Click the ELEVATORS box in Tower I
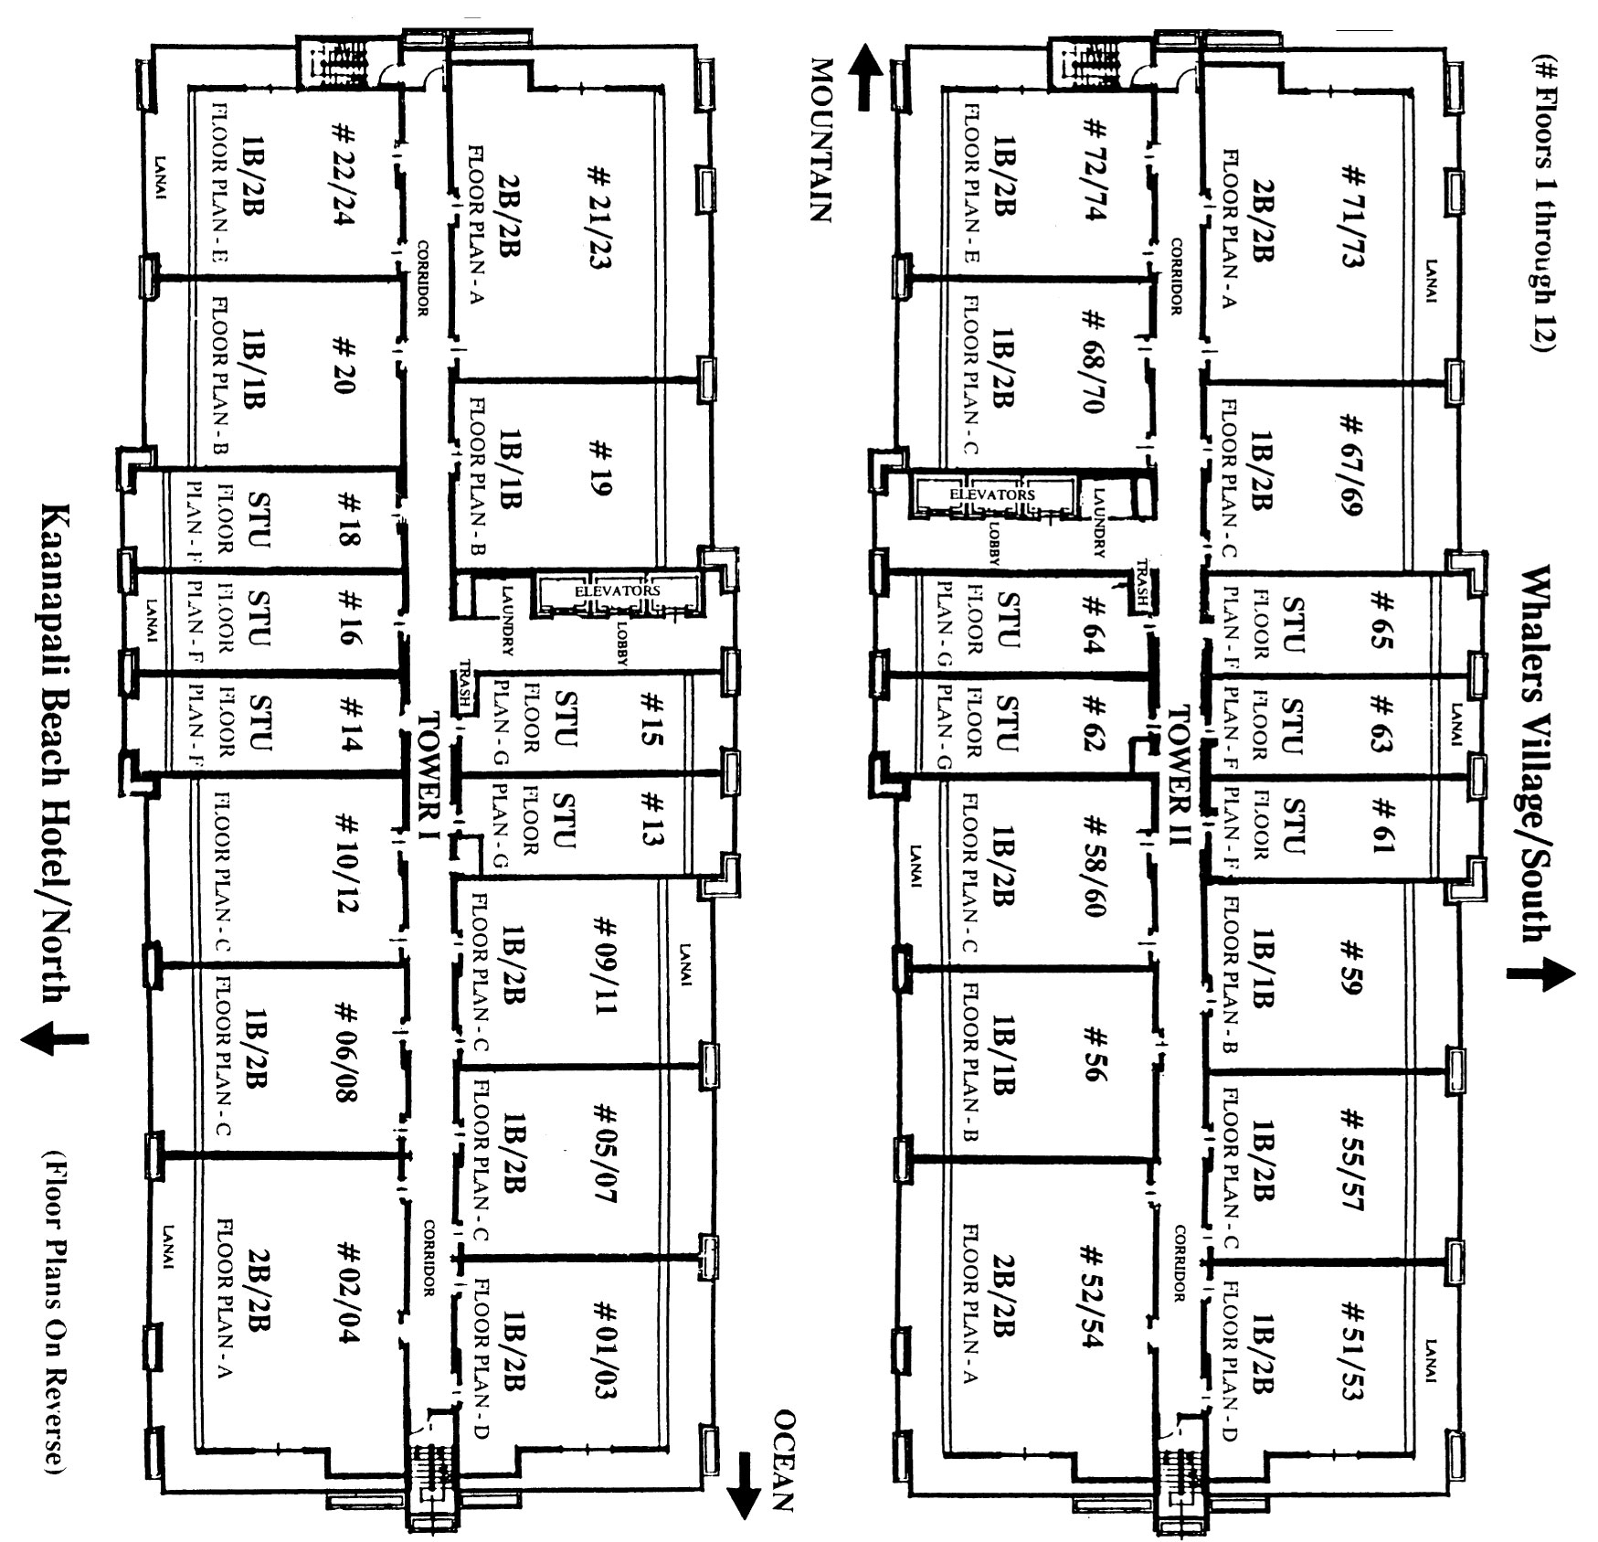(618, 590)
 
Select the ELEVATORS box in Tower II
(992, 495)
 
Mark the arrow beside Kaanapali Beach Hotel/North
(55, 1037)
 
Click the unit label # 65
(1381, 620)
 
